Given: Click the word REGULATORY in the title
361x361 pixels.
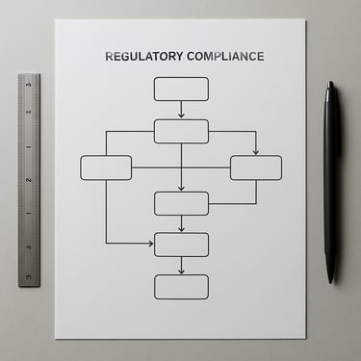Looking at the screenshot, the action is (143, 56).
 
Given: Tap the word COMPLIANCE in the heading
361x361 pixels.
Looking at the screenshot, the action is (225, 56).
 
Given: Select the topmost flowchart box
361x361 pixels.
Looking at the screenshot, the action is (181, 89).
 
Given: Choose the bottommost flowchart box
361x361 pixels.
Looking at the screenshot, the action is (181, 287).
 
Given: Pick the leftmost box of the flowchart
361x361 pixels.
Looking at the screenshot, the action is (106, 168).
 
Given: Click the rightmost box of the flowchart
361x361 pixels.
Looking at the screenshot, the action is (256, 168).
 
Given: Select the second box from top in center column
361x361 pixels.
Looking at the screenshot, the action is (181, 132).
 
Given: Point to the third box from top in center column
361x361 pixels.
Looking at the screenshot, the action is (181, 203).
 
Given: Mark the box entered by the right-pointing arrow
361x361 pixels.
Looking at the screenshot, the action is (181, 245).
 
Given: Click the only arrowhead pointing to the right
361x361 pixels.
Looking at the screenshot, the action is (150, 244).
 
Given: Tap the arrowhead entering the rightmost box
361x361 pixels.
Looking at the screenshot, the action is (256, 152).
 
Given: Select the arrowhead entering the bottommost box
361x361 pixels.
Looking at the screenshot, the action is (181, 271).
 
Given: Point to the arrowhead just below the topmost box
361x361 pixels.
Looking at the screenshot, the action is (181, 115).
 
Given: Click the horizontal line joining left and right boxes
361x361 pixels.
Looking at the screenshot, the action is (181, 168).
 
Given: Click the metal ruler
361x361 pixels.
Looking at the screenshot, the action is (29, 180).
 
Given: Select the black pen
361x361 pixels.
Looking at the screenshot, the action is (330, 182).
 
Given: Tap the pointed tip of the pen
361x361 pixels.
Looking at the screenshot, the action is (330, 283).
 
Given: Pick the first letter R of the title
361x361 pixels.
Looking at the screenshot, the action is (110, 56).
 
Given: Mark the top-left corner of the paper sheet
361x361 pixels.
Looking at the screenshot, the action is (55, 20).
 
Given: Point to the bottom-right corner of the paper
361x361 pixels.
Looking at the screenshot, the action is (305, 338).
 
